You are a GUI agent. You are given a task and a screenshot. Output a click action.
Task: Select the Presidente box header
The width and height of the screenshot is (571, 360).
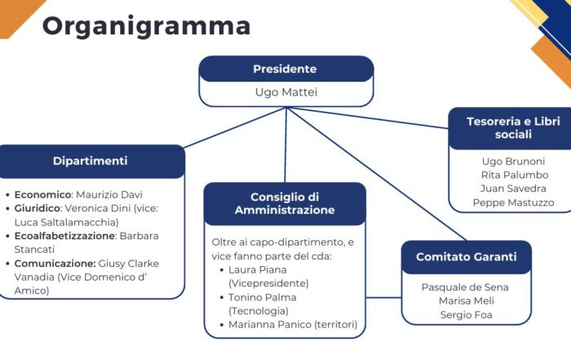(285, 69)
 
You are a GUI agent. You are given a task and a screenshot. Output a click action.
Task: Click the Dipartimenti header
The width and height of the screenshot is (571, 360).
(90, 161)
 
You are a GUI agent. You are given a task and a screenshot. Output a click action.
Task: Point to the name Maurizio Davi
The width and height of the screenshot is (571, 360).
(108, 195)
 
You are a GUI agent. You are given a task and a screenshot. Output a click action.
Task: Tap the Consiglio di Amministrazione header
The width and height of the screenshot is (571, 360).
(284, 203)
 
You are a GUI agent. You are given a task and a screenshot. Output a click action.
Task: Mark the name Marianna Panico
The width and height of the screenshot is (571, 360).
(268, 325)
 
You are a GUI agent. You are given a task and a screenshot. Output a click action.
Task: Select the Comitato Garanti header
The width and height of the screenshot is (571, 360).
(466, 256)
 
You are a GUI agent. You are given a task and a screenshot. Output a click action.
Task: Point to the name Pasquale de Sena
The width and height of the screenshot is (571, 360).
(466, 287)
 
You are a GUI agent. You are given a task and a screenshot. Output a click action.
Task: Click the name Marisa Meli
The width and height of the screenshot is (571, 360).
(466, 301)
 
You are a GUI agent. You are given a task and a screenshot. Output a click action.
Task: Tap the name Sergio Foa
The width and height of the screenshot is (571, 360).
(466, 315)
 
